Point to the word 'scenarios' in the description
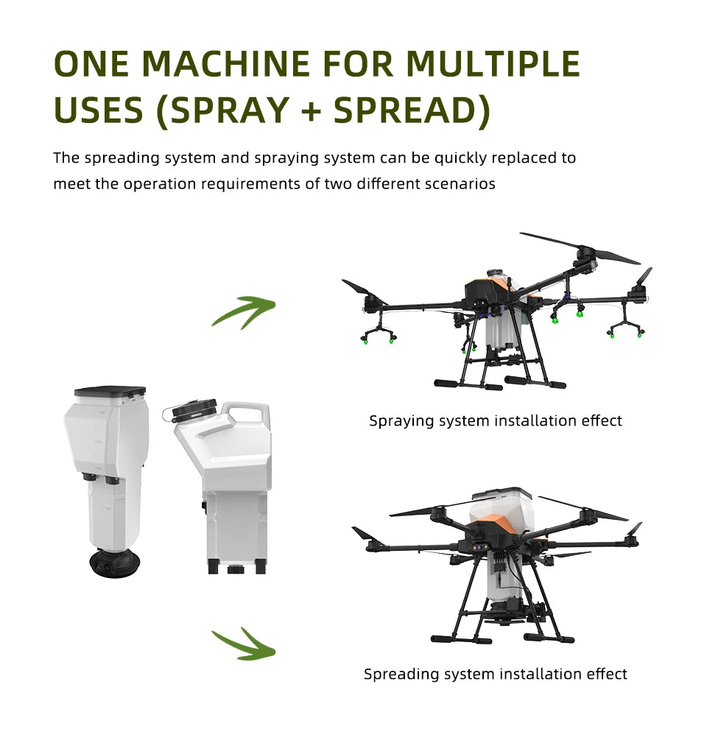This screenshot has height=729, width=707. click(460, 184)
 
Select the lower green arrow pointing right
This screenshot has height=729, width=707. click(244, 644)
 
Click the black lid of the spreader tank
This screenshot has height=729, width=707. click(110, 392)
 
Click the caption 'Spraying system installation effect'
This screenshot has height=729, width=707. click(495, 421)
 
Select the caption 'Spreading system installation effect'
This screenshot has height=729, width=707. click(495, 674)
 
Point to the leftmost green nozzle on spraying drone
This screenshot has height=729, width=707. click(364, 340)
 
